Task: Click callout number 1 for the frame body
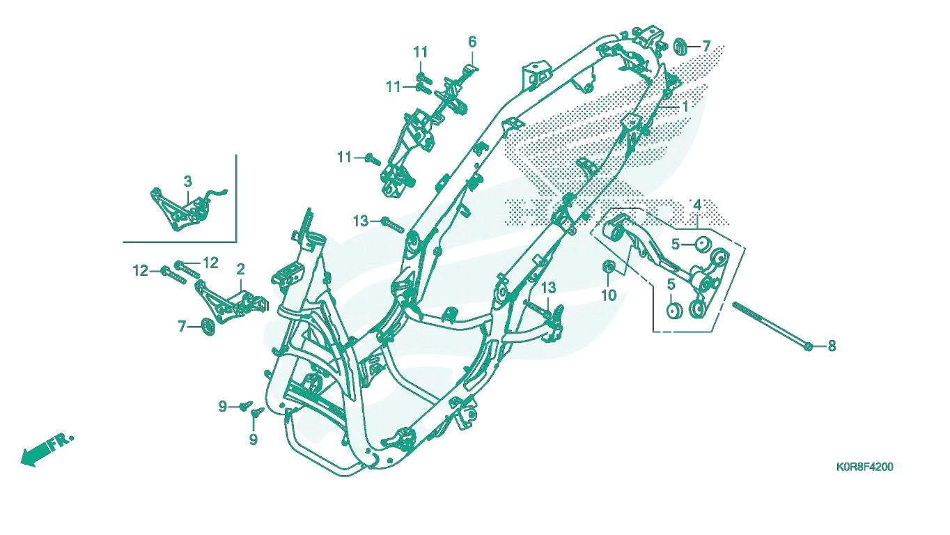click(x=685, y=107)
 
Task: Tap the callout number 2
click(x=240, y=269)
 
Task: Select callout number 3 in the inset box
click(x=188, y=182)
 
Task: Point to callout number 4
click(x=697, y=206)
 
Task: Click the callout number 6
click(x=472, y=42)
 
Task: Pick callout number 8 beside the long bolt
click(x=832, y=346)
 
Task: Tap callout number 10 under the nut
click(x=609, y=295)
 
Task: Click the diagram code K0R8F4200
click(x=865, y=467)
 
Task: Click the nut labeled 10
click(x=609, y=267)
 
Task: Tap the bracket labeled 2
click(x=231, y=302)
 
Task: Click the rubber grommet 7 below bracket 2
click(x=208, y=326)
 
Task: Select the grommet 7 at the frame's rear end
click(x=680, y=46)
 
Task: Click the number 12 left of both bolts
click(x=141, y=270)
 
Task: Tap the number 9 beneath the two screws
click(x=254, y=440)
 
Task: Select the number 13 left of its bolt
click(x=361, y=221)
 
